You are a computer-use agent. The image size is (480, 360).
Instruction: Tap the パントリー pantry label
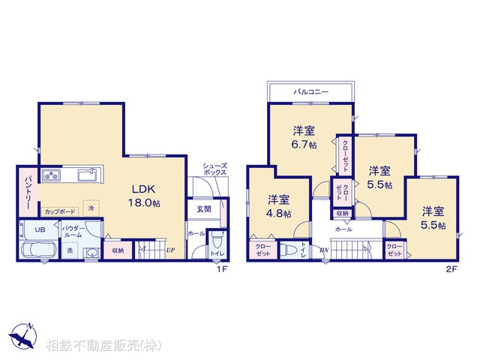click(x=26, y=192)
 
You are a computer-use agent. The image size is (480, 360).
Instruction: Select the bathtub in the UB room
click(x=36, y=250)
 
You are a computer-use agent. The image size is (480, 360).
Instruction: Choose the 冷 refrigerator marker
click(x=91, y=207)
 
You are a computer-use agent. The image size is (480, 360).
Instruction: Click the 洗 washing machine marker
click(x=70, y=250)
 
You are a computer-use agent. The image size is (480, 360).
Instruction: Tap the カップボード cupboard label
click(x=58, y=211)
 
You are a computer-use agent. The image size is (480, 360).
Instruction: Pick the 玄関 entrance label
click(x=203, y=208)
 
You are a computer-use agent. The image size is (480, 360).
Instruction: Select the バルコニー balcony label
click(x=310, y=91)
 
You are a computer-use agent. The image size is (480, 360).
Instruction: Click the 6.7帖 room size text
click(x=304, y=142)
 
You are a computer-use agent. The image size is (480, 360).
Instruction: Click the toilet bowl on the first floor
click(x=217, y=241)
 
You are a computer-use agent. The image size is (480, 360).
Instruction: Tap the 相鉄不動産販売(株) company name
click(x=103, y=346)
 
